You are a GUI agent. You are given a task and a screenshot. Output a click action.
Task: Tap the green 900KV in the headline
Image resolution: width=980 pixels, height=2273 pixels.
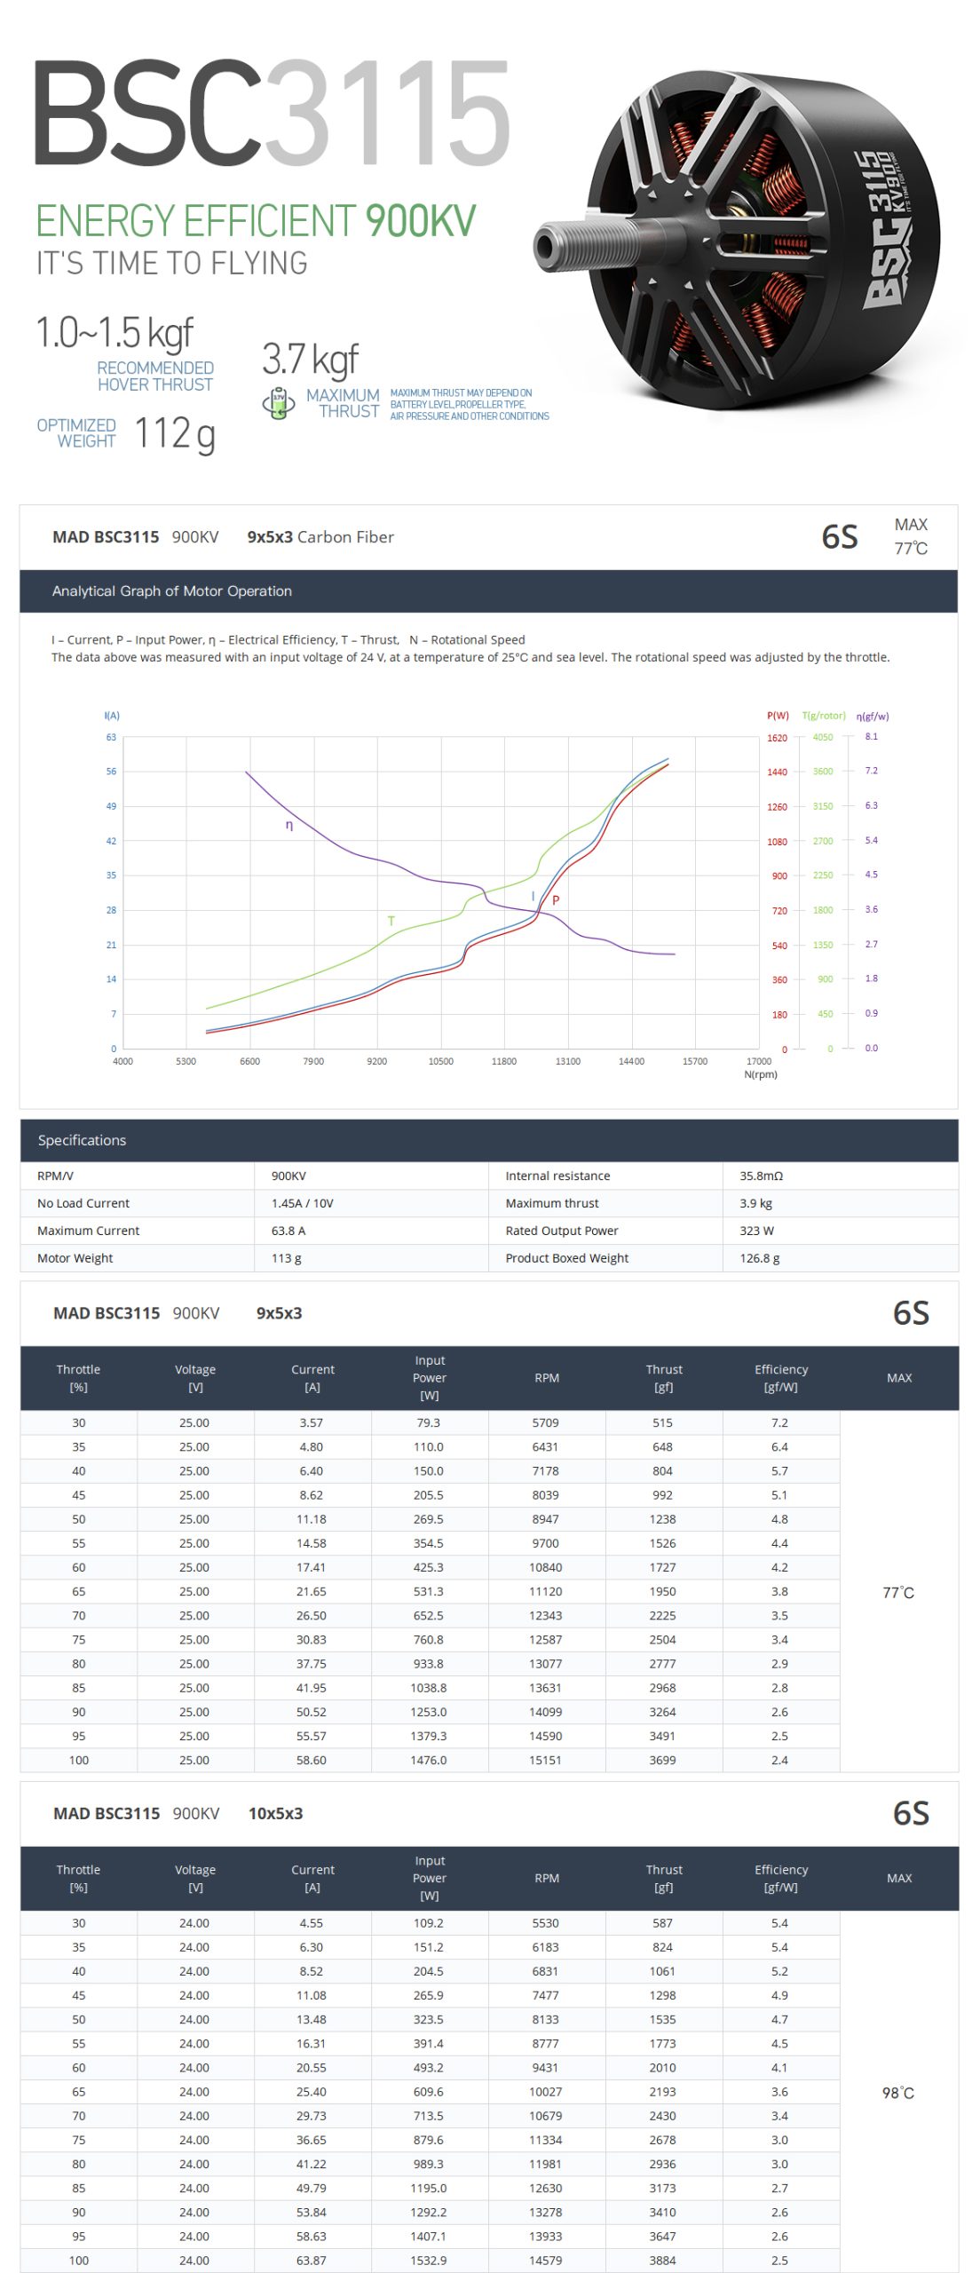point(420,221)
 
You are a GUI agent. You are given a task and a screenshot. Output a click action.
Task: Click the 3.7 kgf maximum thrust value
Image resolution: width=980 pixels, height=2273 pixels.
point(310,360)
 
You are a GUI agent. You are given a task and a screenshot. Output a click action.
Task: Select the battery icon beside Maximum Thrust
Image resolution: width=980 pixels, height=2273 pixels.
point(279,403)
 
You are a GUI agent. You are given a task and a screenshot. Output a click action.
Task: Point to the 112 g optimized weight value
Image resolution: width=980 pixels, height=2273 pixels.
point(175,434)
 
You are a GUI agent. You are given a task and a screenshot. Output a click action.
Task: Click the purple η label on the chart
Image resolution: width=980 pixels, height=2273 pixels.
point(289,825)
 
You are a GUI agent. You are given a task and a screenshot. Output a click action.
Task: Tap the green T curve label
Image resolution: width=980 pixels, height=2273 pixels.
point(391,921)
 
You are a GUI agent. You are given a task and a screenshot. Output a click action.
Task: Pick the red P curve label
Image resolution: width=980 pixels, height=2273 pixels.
point(556,899)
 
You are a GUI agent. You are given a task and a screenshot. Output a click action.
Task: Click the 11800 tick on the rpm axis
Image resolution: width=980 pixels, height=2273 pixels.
point(503,1061)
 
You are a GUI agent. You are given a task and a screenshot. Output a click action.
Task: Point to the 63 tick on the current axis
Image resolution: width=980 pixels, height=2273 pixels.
point(111,737)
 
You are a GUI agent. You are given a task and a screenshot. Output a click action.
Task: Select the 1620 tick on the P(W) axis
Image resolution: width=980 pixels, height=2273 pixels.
point(777,738)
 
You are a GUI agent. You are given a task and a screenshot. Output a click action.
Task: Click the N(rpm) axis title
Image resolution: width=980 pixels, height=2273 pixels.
point(761,1074)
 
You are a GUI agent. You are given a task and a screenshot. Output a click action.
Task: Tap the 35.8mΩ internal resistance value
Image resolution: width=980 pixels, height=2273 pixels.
point(761,1176)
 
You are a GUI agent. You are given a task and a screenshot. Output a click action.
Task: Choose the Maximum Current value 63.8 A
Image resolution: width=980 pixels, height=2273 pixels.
point(288,1231)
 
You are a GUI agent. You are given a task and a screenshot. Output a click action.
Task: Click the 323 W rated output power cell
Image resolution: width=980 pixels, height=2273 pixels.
point(756,1231)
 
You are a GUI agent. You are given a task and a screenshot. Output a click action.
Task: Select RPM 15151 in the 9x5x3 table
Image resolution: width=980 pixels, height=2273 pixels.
point(545,1760)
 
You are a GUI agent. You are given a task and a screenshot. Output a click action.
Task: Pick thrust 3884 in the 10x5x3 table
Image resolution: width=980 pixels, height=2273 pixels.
point(662,2260)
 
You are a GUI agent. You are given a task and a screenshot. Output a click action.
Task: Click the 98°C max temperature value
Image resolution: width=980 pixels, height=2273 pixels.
point(897,2093)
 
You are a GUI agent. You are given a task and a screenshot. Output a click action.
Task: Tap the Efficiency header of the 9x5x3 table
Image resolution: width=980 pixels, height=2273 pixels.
point(781,1378)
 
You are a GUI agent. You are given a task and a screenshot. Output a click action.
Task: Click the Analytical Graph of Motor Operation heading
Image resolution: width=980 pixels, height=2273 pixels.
point(172,591)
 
